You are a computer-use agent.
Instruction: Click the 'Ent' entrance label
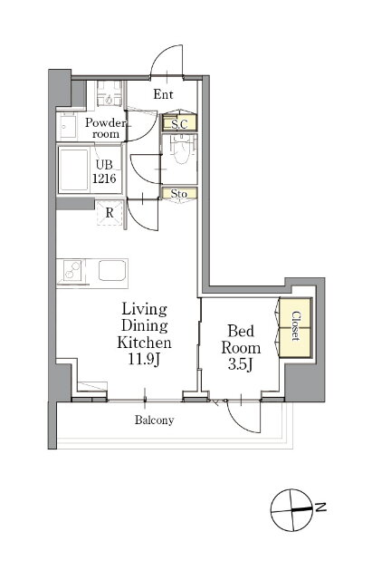163,94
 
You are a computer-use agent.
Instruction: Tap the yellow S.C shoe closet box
179,123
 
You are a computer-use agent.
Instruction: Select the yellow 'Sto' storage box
179,193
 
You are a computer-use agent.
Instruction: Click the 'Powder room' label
106,128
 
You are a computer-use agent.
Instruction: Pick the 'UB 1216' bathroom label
104,171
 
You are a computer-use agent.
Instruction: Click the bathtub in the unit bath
74,169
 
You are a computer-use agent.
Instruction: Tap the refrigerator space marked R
110,213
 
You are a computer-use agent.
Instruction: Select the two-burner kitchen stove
72,270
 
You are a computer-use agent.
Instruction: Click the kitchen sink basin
112,270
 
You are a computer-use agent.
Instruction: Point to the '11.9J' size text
144,359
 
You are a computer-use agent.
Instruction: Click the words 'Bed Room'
241,339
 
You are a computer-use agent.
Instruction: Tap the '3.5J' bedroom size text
240,365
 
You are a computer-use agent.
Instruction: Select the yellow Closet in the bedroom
295,327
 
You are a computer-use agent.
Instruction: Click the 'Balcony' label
154,420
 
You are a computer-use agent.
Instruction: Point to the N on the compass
321,507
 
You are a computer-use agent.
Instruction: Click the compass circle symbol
292,510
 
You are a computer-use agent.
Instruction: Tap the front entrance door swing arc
166,56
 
